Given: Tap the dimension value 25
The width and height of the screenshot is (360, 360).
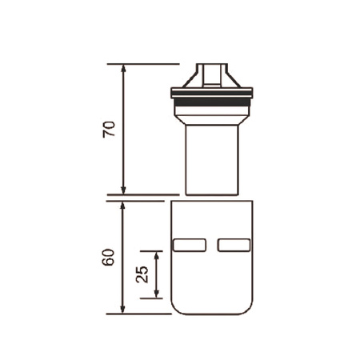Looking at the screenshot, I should [x=142, y=274].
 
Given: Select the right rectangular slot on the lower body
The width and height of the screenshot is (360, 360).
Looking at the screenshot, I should [x=234, y=243].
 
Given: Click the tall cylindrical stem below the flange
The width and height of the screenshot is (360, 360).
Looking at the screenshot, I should [x=212, y=160].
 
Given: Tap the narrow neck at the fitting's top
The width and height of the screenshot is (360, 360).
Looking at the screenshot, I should [x=212, y=72].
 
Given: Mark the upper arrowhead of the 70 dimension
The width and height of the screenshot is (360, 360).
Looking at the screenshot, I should [x=123, y=67].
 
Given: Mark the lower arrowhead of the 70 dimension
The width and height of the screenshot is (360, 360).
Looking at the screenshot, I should [x=123, y=190].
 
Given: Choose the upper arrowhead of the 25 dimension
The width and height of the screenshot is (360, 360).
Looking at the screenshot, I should [x=156, y=254].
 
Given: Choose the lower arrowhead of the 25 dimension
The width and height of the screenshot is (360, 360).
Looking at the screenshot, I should [x=156, y=294].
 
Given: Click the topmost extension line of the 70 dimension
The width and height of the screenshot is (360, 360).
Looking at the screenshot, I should [x=144, y=63].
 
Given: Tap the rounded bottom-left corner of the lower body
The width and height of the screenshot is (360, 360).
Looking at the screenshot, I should [x=176, y=309].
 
